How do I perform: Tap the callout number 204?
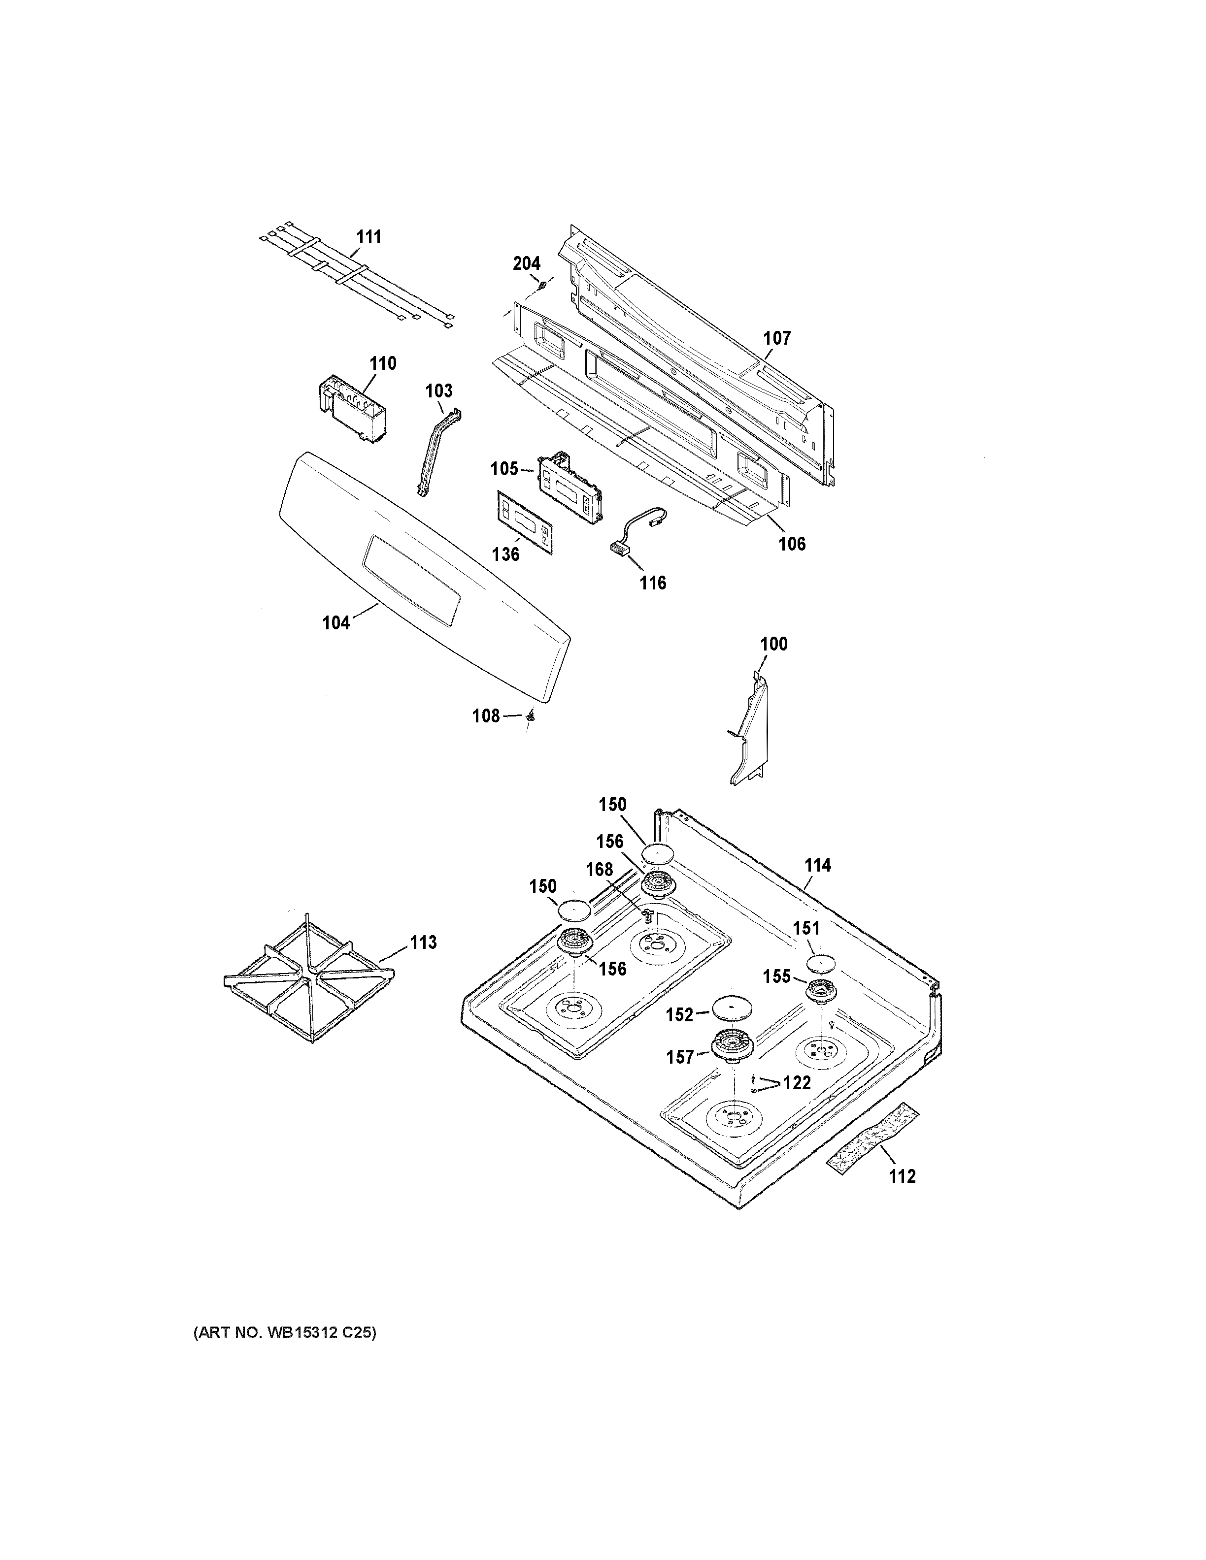(x=527, y=263)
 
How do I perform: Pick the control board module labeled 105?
(x=569, y=485)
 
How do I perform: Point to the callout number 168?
(x=600, y=869)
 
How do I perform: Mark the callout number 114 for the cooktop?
(x=817, y=865)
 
